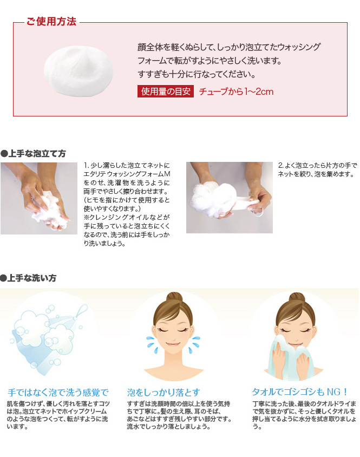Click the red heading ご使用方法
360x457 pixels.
(51, 21)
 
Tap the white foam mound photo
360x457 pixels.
(78, 70)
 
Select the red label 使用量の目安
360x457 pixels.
(166, 91)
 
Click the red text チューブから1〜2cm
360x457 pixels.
(236, 92)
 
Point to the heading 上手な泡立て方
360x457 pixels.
(33, 153)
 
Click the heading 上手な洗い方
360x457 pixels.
(28, 278)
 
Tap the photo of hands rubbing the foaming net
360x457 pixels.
(39, 198)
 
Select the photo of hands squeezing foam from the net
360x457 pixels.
(230, 198)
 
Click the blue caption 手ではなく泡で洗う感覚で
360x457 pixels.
(58, 393)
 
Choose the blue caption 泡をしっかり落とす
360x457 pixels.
(163, 393)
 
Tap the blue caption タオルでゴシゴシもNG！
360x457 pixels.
(300, 392)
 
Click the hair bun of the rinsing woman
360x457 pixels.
(174, 299)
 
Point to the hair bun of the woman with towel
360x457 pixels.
(297, 299)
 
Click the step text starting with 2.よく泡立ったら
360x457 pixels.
(317, 170)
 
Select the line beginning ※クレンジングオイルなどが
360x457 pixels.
(127, 218)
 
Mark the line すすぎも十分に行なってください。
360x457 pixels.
(197, 74)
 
